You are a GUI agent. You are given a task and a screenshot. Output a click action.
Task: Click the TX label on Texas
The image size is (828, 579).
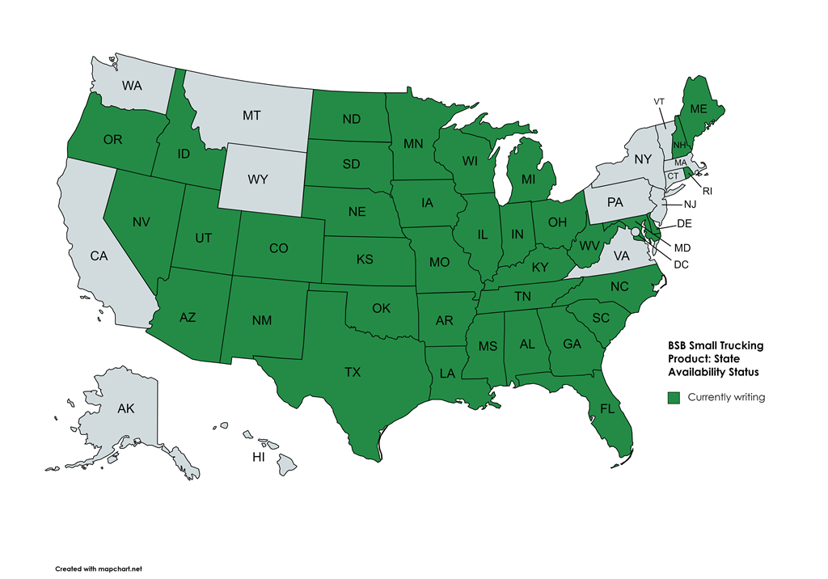(x=352, y=373)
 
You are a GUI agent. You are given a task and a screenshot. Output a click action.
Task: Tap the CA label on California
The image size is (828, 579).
(x=99, y=256)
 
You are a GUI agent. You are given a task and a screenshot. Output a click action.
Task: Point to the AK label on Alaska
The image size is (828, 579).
(x=125, y=409)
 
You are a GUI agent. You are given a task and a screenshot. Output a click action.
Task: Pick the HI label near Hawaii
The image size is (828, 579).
(x=259, y=457)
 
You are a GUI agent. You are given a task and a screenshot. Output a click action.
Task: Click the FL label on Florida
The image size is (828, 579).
(x=607, y=409)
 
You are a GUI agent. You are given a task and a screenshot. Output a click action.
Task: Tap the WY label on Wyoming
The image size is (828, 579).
(x=257, y=180)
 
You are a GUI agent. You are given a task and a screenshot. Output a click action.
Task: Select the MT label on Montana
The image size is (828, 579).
(x=251, y=116)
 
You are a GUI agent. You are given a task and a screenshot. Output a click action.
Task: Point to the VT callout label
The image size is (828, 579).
(x=659, y=101)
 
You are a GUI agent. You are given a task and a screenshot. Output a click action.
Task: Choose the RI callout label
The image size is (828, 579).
(x=707, y=192)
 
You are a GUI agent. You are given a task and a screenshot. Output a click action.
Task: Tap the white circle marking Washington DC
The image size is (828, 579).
(x=636, y=232)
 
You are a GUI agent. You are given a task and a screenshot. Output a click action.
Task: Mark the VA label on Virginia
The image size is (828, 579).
(x=620, y=256)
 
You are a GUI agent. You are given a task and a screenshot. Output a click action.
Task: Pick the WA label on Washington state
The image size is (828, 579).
(x=133, y=85)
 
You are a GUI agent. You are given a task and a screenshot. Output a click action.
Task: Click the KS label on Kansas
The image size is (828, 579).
(x=365, y=260)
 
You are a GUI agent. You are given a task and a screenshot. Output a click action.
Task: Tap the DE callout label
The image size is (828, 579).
(x=684, y=222)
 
